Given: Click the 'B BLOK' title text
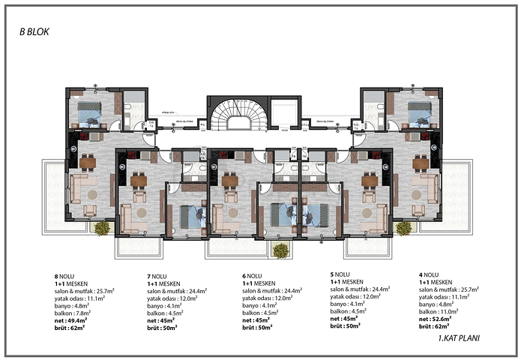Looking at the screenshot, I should pos(35,34).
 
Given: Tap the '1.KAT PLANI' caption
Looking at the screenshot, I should pos(458,338).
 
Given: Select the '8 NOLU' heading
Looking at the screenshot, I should pos(55,275).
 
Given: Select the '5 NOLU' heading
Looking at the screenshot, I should pos(342,274).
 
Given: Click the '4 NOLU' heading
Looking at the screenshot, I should pos(430,275).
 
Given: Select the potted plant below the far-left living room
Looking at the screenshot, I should pos(100,228).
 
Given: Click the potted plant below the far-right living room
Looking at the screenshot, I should pos(403,228).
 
